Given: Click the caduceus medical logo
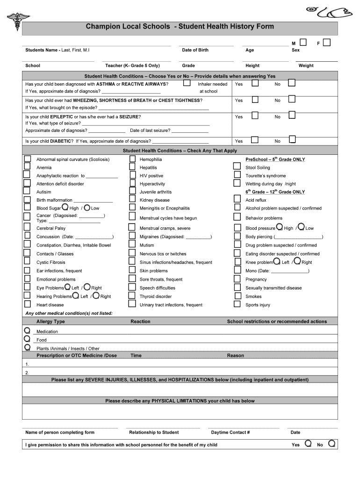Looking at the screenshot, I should coord(18,20).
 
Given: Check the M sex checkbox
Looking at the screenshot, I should coord(303,43).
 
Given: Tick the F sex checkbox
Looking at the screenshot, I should coord(327,43).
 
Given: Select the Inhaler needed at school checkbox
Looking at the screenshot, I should coord(187,83).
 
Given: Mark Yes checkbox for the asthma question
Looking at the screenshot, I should coord(255,83).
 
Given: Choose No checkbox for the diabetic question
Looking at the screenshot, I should coord(292,139).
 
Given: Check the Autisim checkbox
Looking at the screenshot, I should coord(28,191).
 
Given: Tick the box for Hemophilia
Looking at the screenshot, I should coord(132,159).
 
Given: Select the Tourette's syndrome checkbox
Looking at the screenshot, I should coord(237,175).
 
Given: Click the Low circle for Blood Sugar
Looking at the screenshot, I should coord(87,207).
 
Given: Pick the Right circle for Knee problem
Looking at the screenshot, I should coord(297,261).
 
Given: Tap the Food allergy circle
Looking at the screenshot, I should coord(27,339).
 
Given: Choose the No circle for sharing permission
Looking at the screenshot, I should coord(331,443).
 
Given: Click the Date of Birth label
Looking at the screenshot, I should coord(195,50).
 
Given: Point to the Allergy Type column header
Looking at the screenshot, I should coord(50,322).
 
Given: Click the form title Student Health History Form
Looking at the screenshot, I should coord(180,27).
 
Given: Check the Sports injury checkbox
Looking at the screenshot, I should coord(237,304).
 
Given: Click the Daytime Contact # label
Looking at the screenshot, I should coord(230,432).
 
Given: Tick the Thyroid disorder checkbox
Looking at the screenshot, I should coord(132,296).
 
